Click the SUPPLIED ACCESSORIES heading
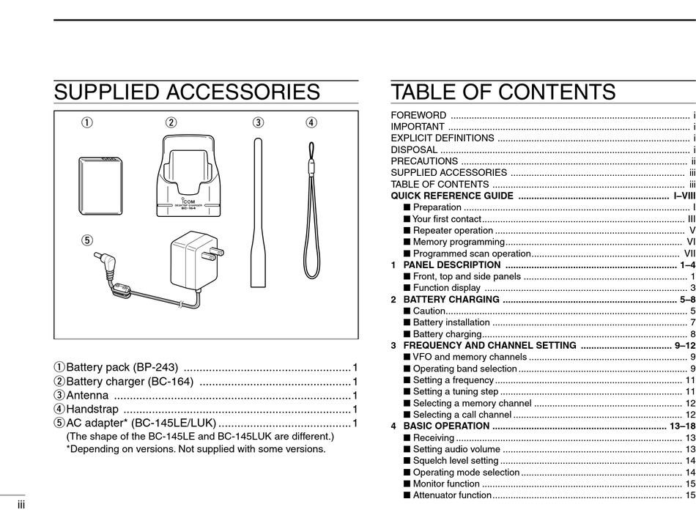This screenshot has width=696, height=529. click(187, 92)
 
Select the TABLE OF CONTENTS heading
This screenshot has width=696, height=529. click(503, 92)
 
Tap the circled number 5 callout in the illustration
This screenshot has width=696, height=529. click(87, 239)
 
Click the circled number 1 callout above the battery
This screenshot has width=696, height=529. click(87, 122)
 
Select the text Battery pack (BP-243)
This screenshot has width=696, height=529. click(122, 367)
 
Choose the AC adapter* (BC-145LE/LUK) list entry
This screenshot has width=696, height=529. click(141, 423)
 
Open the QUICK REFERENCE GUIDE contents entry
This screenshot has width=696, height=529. click(452, 196)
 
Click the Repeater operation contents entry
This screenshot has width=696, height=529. click(453, 230)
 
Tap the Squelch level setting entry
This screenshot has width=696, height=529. click(455, 460)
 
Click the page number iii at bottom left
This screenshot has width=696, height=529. click(23, 505)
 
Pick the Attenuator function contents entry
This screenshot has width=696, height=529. click(452, 495)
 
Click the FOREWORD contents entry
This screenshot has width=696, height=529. click(418, 115)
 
